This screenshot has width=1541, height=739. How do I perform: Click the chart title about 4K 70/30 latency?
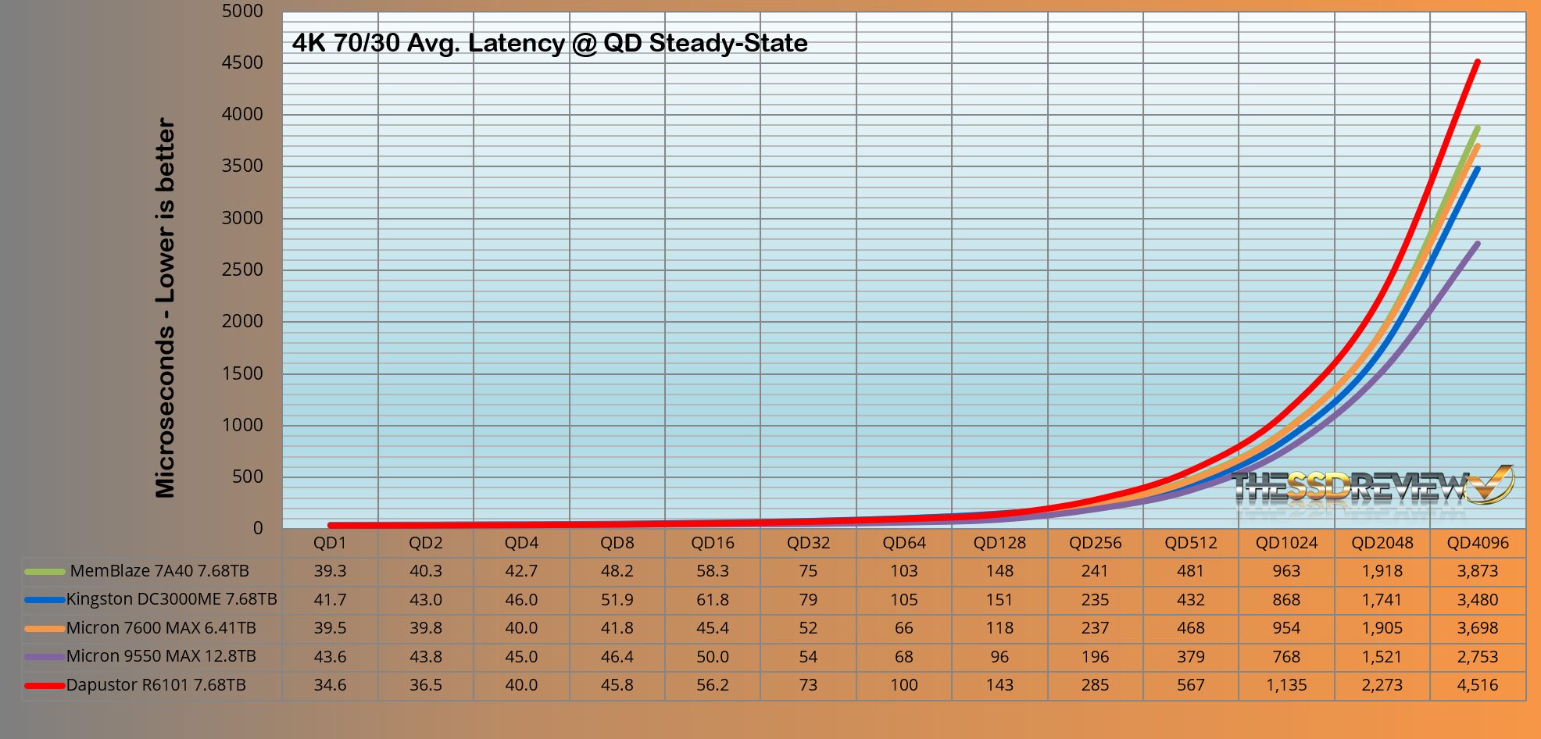(549, 43)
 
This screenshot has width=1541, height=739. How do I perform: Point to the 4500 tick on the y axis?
(241, 62)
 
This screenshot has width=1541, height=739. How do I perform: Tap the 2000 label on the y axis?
(241, 321)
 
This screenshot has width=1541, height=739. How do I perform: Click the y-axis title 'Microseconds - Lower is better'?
(166, 307)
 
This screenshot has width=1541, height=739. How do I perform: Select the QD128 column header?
(999, 543)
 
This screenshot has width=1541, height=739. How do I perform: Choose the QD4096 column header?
(1477, 543)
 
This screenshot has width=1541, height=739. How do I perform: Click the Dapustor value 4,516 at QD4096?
(1477, 685)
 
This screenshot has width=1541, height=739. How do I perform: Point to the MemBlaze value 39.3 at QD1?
(330, 571)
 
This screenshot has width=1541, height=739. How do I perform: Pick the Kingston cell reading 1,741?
(1382, 600)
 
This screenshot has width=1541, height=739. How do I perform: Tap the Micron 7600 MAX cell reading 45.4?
(712, 628)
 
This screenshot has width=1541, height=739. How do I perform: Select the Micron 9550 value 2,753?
(1477, 657)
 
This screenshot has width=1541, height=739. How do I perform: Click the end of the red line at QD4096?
(1477, 62)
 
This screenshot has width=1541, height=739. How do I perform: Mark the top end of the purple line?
(1477, 244)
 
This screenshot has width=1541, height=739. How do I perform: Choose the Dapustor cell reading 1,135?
(1286, 685)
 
